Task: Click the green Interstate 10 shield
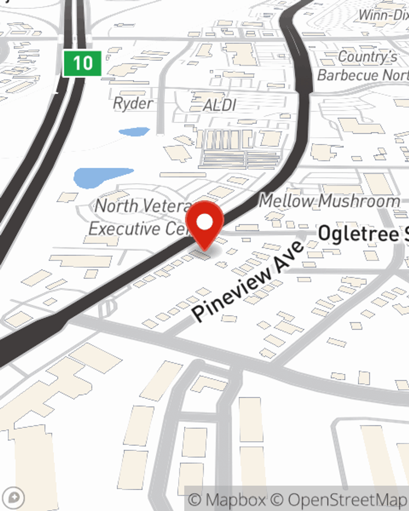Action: [82, 63]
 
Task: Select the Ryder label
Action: [133, 103]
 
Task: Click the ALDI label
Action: [220, 105]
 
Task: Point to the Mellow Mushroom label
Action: [329, 201]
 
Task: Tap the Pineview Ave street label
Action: [248, 280]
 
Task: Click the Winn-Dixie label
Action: [384, 15]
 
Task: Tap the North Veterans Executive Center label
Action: [139, 217]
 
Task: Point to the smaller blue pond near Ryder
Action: [134, 132]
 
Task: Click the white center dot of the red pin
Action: [205, 222]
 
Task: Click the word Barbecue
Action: [348, 75]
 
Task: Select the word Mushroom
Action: [359, 201]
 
